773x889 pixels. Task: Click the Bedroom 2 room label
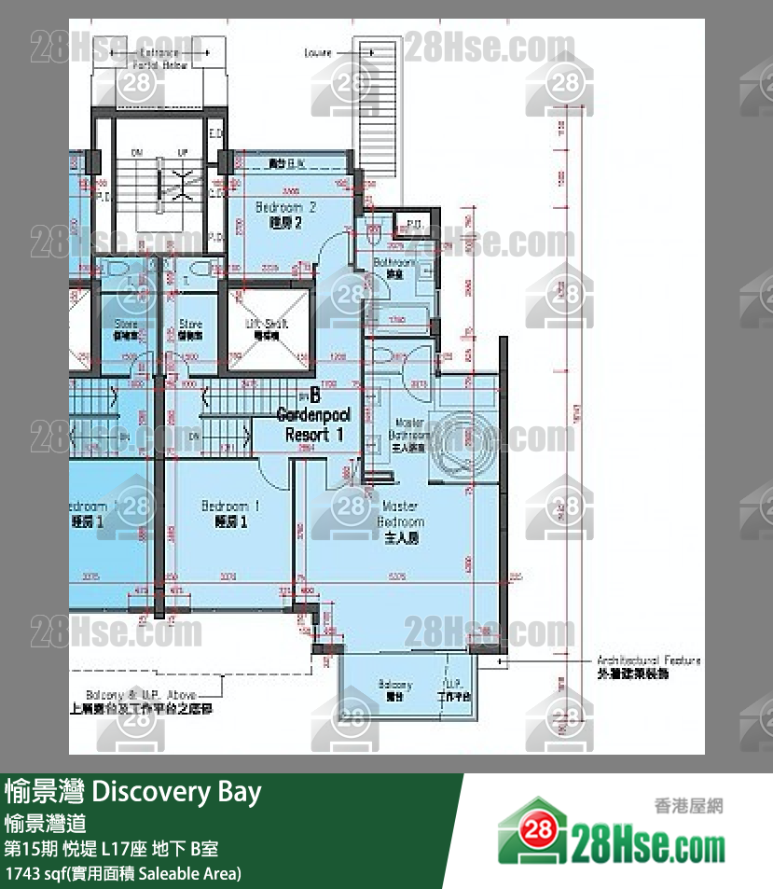click(285, 214)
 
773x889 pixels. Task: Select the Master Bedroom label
click(401, 521)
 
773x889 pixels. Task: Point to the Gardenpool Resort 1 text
click(313, 425)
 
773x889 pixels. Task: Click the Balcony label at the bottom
click(395, 689)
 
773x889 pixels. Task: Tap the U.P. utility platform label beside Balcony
click(454, 689)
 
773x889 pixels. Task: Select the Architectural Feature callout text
click(647, 666)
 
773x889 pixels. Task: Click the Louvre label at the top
click(318, 53)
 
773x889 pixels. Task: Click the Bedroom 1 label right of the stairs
click(229, 513)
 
